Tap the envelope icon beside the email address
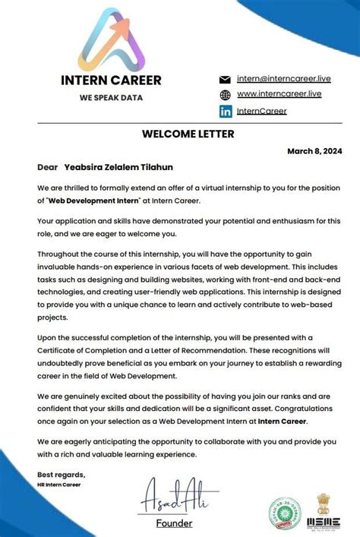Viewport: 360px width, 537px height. click(225, 79)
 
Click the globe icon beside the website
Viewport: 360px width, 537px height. click(225, 95)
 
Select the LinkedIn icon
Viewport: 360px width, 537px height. click(225, 111)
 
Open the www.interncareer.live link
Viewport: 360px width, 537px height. click(279, 94)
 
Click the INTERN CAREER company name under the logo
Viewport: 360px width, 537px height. click(111, 81)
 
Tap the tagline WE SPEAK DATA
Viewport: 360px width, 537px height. click(111, 97)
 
